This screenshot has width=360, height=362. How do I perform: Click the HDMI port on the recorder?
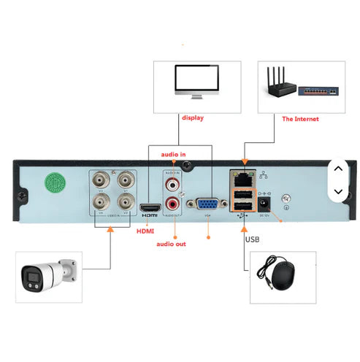[x=150, y=207]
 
